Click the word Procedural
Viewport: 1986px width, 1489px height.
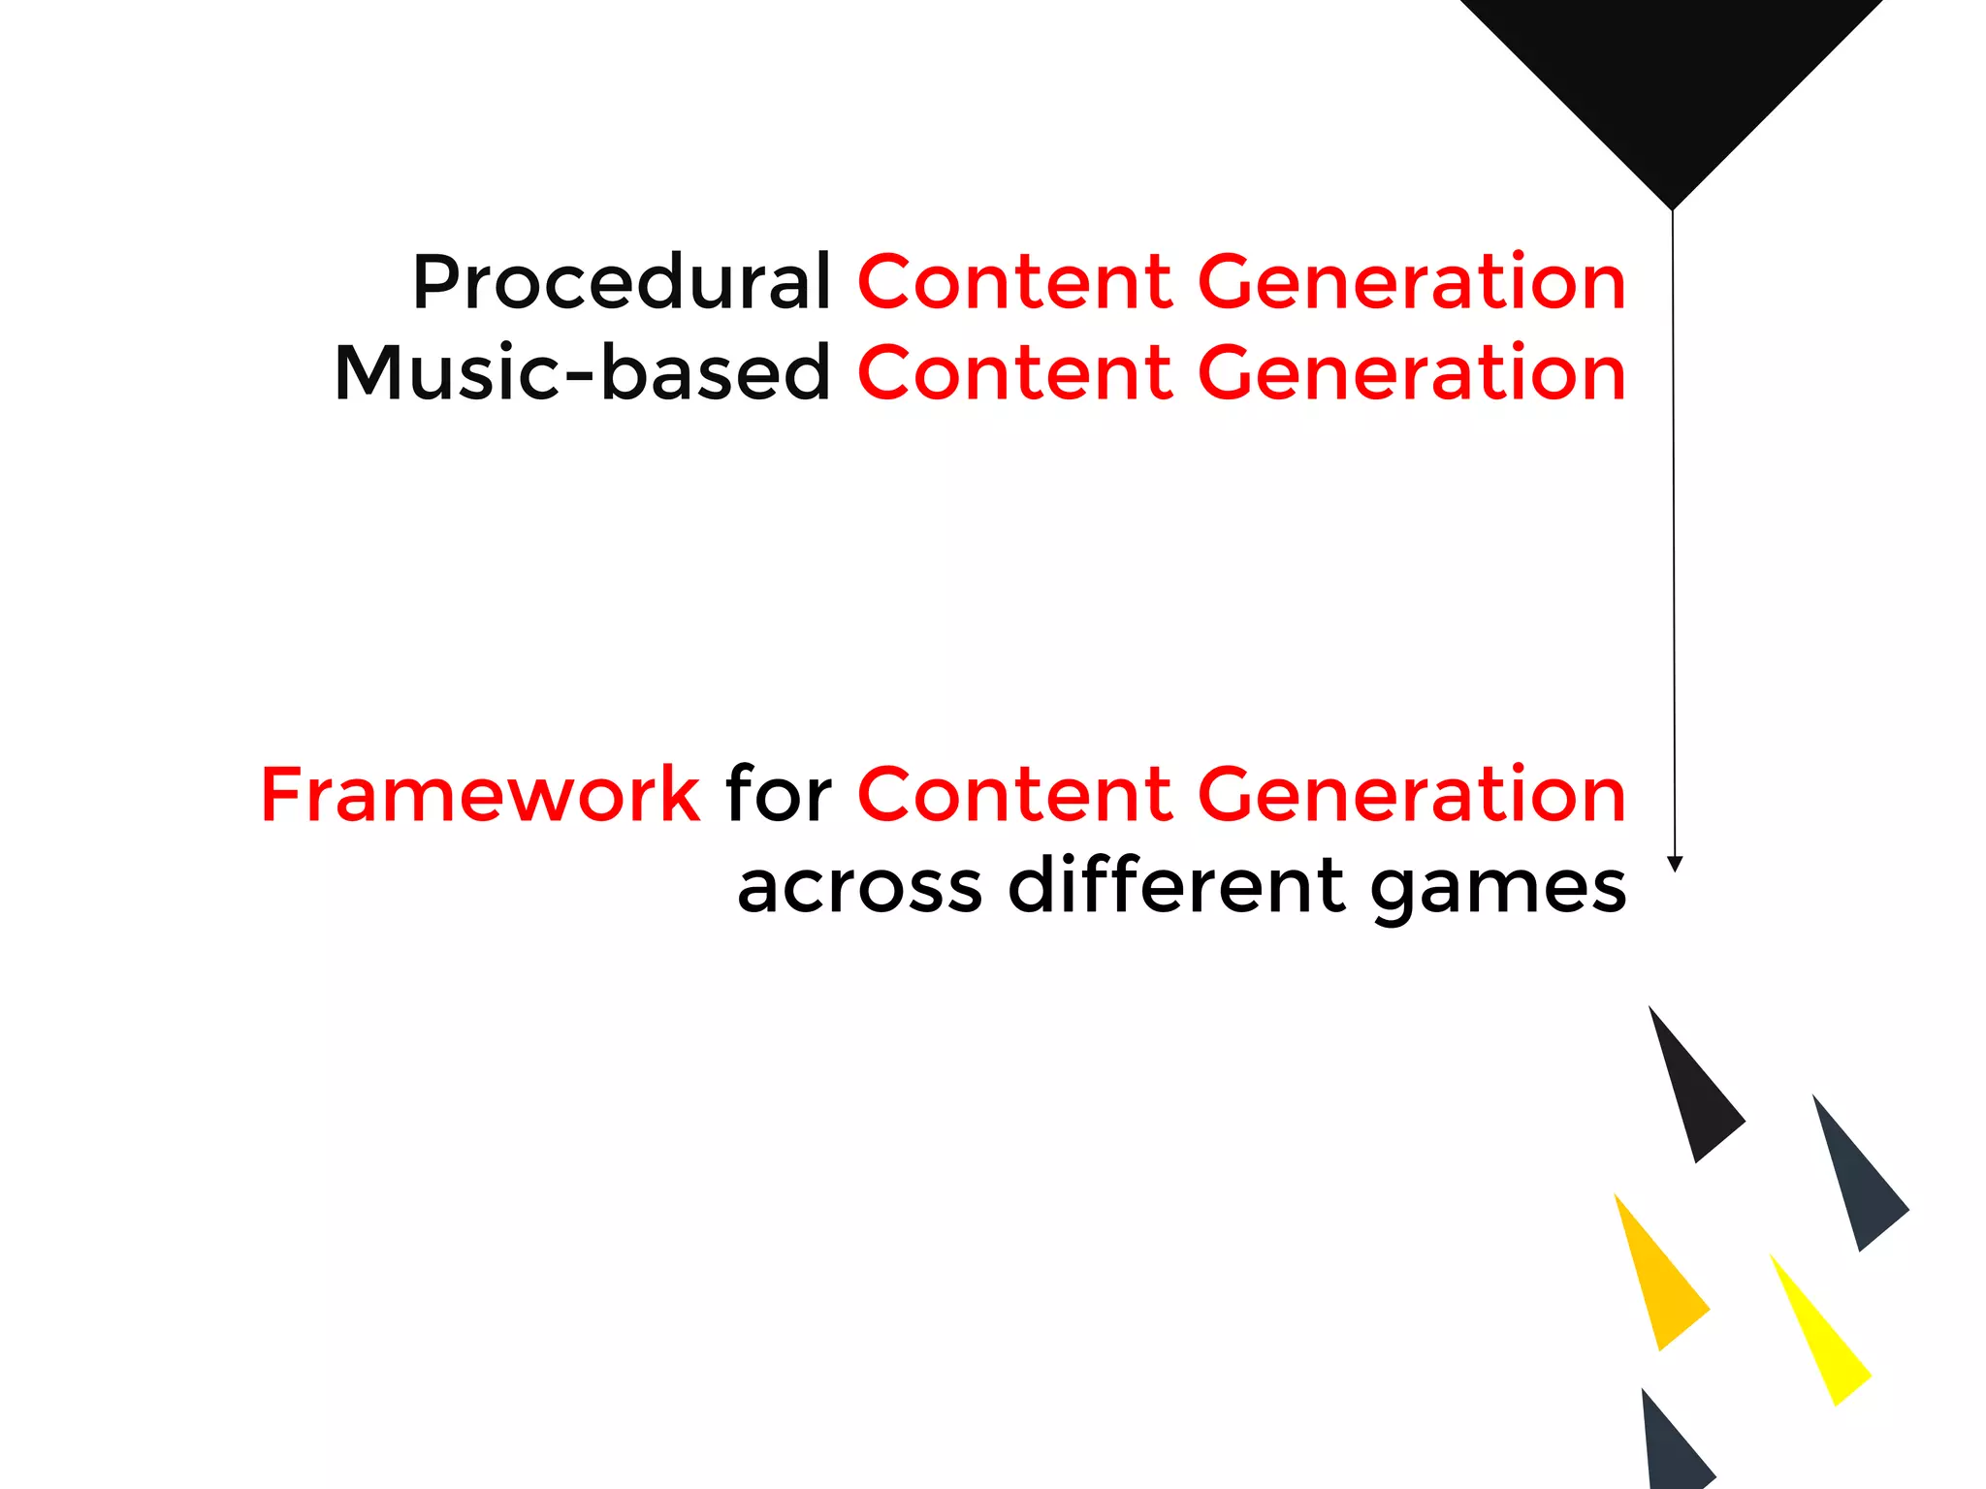click(x=621, y=283)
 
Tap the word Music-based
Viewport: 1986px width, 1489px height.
click(x=582, y=373)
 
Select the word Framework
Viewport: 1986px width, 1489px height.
click(x=480, y=795)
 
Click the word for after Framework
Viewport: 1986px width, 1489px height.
click(x=779, y=795)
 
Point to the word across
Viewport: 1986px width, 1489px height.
click(x=859, y=887)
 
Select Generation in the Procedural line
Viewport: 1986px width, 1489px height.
click(x=1412, y=283)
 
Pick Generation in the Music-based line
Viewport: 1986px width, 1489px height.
click(x=1412, y=373)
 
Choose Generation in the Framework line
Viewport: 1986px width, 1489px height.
click(x=1412, y=795)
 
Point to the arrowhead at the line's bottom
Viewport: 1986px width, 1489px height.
click(x=1674, y=864)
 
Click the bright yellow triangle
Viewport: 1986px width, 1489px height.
click(x=1823, y=1343)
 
